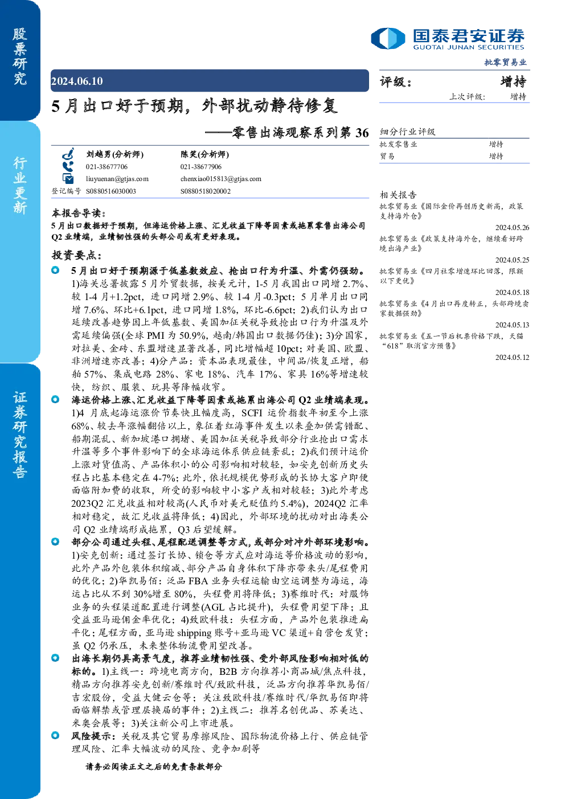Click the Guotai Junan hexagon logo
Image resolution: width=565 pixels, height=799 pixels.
(x=388, y=38)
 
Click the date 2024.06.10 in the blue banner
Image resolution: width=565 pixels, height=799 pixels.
(x=77, y=81)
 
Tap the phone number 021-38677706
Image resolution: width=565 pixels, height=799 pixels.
(x=107, y=167)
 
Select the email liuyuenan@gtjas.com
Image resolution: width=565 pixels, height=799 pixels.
(x=117, y=179)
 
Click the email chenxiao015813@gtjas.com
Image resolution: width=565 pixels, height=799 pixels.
(x=221, y=179)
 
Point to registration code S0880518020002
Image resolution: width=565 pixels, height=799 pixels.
(x=206, y=191)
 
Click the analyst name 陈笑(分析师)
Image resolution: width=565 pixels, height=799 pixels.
(x=204, y=154)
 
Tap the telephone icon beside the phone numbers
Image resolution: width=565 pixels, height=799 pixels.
(x=68, y=167)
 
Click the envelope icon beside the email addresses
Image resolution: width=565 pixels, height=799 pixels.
(x=68, y=178)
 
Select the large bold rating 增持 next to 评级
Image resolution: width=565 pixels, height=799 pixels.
(x=513, y=81)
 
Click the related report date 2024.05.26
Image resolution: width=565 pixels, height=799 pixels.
(x=512, y=228)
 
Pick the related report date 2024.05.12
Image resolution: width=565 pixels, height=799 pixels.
(x=512, y=358)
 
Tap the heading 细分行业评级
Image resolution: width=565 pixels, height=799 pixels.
(x=407, y=132)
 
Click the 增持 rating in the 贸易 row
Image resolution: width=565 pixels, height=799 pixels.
(x=496, y=156)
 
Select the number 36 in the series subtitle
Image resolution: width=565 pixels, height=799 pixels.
(x=362, y=133)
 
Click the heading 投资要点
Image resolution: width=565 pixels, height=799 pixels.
(x=77, y=255)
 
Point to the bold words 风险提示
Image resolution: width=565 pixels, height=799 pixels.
(x=93, y=736)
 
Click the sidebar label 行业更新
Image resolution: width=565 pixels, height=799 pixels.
(x=21, y=185)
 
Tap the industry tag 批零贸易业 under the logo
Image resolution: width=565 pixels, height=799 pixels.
(x=505, y=63)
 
